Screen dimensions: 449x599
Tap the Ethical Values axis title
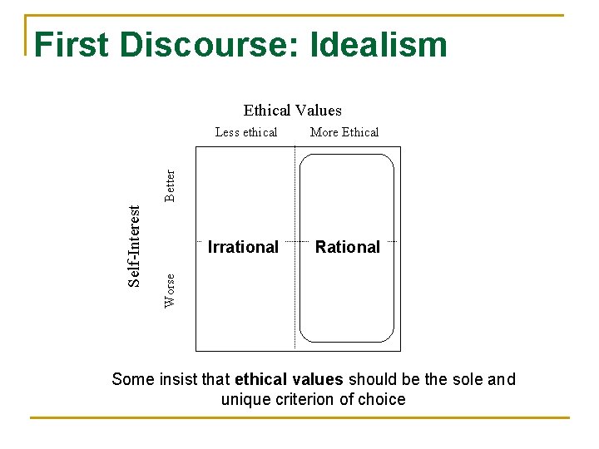tap(292, 111)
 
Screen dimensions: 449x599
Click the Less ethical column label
tap(246, 132)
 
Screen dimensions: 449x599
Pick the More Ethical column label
tap(344, 132)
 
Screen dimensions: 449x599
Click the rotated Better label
tap(171, 185)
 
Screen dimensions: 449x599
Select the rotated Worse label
tap(171, 290)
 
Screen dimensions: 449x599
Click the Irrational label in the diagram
tap(243, 247)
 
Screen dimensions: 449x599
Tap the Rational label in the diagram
tap(348, 247)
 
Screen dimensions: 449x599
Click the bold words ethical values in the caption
tap(289, 380)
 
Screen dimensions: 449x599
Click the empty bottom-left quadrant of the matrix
tap(245, 303)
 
